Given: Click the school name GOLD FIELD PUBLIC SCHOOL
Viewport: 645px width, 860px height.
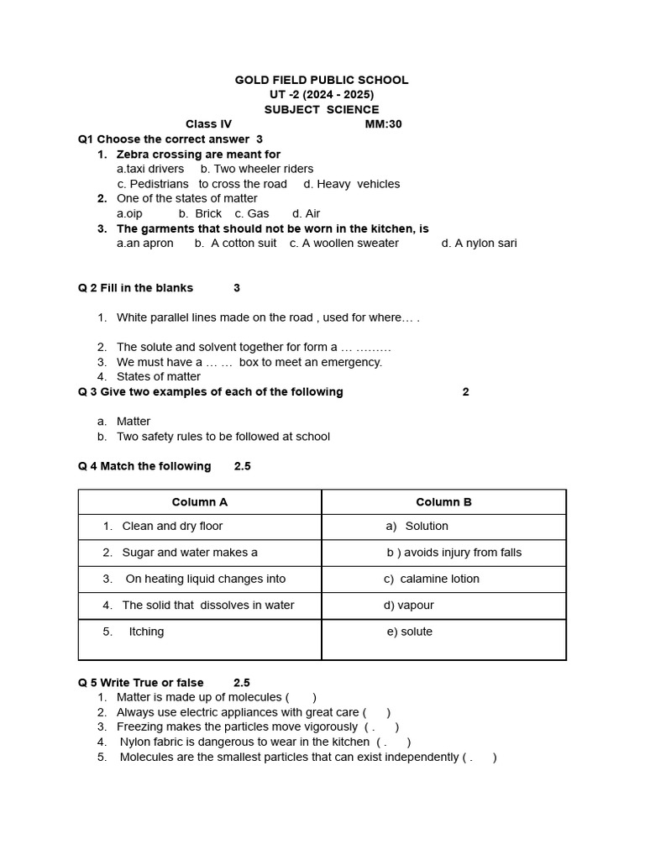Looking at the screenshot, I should [322, 80].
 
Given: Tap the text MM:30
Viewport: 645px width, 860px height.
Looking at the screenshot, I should [383, 124].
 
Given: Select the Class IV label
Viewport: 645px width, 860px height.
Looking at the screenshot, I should [208, 124].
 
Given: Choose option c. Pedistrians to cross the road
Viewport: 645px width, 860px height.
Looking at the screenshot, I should [202, 184].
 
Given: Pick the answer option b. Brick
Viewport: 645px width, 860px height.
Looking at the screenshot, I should [200, 213].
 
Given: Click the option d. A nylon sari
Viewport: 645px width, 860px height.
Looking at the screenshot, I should [479, 243].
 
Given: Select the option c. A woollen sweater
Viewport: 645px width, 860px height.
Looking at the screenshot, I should [344, 243].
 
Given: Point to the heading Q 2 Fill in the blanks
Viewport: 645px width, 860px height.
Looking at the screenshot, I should [135, 287].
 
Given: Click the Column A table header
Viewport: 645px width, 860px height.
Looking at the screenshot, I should [200, 502].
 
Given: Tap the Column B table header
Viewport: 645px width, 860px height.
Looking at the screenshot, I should [443, 502].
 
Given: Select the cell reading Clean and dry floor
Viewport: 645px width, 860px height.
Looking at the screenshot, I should [172, 526].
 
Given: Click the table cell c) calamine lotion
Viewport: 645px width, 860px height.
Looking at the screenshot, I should [432, 579].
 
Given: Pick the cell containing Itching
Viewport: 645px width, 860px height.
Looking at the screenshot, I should [146, 632].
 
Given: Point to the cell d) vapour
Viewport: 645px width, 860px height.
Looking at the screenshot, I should [409, 605].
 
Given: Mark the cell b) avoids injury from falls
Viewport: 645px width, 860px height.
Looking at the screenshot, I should [454, 552].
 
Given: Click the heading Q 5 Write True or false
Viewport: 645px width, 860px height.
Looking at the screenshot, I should [140, 683].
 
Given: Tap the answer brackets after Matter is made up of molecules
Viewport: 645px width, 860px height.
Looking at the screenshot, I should [301, 697].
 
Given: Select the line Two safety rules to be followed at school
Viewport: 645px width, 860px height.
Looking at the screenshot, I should [223, 436].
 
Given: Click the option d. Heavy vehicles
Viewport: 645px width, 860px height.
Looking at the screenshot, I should [352, 184].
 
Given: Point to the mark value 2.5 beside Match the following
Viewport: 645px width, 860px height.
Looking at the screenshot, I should [242, 466].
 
